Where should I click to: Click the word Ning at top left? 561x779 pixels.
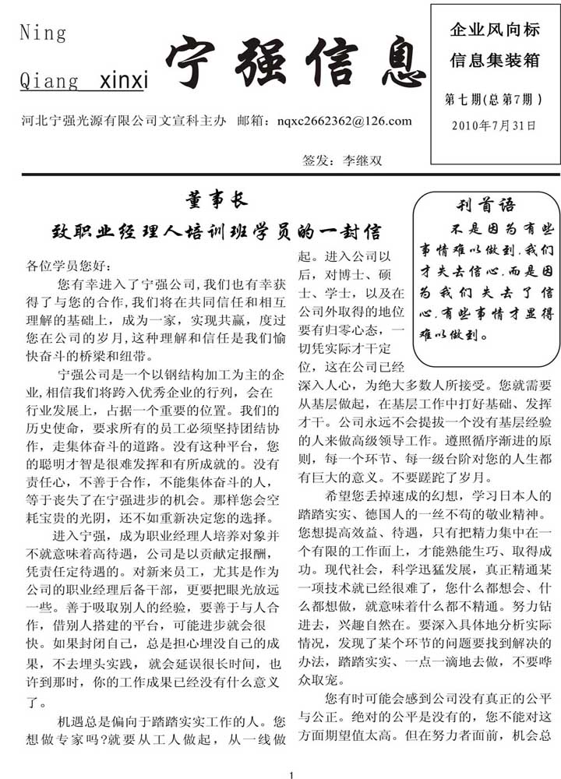(x=43, y=33)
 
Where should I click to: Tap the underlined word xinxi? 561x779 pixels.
(x=124, y=81)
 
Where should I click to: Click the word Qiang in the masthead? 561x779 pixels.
(x=48, y=81)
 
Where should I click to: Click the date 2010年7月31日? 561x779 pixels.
(x=494, y=125)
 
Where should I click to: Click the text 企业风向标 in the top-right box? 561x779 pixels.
(x=495, y=31)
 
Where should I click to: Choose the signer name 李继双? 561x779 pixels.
(x=363, y=161)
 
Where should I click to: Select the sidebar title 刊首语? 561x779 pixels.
(x=485, y=206)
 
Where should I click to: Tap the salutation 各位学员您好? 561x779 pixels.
(x=69, y=266)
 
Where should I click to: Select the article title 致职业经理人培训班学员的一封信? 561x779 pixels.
(x=216, y=232)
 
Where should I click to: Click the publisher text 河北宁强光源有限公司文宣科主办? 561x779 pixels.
(x=125, y=121)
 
